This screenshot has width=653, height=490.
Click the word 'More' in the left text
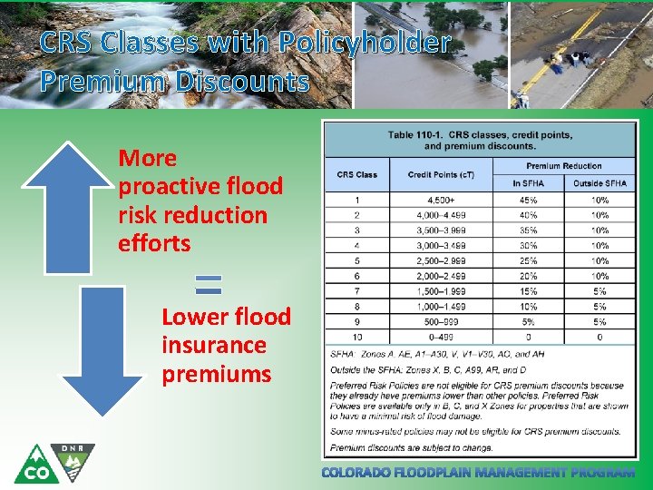(x=147, y=158)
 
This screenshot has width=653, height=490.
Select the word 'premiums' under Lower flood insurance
(x=216, y=374)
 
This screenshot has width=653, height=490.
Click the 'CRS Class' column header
(x=357, y=175)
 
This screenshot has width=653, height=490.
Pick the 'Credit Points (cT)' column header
(x=441, y=175)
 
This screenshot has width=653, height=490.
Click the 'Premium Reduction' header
(x=563, y=166)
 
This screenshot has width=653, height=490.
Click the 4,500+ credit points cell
(x=441, y=201)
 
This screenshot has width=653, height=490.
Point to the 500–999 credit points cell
(x=441, y=321)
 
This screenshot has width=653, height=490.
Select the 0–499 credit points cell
(x=441, y=336)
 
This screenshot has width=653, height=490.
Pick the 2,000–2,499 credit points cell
(x=441, y=276)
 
